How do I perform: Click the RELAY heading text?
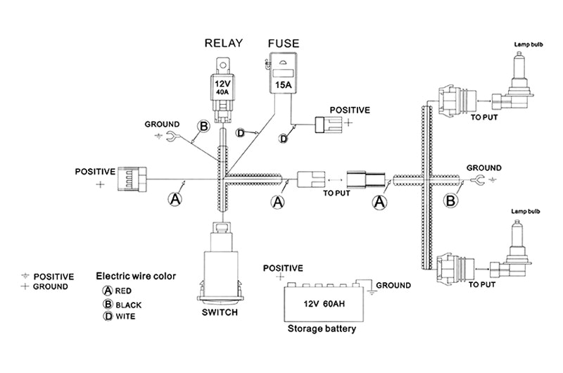(223, 44)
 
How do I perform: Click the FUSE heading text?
(284, 44)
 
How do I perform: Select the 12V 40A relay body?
(222, 88)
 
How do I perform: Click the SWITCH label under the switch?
(220, 312)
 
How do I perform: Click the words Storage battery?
(322, 329)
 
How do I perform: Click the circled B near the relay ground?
(203, 127)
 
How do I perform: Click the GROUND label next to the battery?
(393, 285)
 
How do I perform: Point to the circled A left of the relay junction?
(175, 199)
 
